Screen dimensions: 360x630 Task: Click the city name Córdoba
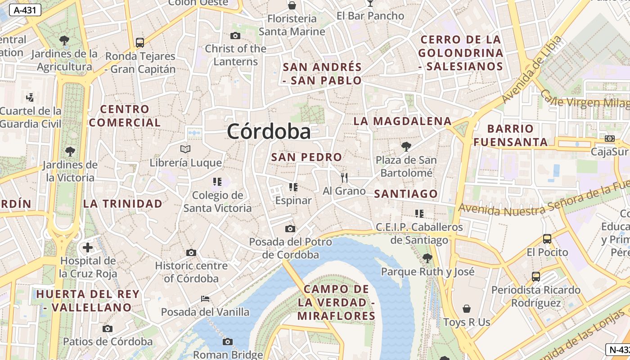(269, 132)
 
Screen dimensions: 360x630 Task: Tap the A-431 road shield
(25, 10)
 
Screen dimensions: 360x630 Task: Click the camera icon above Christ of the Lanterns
(235, 36)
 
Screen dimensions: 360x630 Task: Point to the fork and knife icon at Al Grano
(344, 177)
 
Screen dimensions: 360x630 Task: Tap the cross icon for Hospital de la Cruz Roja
(87, 247)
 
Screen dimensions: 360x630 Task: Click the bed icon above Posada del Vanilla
(205, 298)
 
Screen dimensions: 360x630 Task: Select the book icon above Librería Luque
(185, 149)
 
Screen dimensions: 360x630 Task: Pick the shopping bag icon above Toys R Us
(467, 309)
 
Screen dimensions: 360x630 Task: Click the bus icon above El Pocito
(547, 238)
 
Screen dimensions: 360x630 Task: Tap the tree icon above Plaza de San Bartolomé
(406, 146)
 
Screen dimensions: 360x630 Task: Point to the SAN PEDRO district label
(306, 157)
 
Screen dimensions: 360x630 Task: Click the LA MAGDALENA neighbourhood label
(402, 121)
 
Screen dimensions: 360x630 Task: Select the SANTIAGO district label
(406, 194)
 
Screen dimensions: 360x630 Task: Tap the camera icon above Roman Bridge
(228, 342)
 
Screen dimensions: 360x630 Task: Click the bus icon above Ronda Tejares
(140, 43)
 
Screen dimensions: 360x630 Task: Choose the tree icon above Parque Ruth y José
(427, 258)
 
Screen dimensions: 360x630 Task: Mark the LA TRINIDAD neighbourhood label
(122, 203)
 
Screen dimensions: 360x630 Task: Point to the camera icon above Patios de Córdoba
(107, 328)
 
